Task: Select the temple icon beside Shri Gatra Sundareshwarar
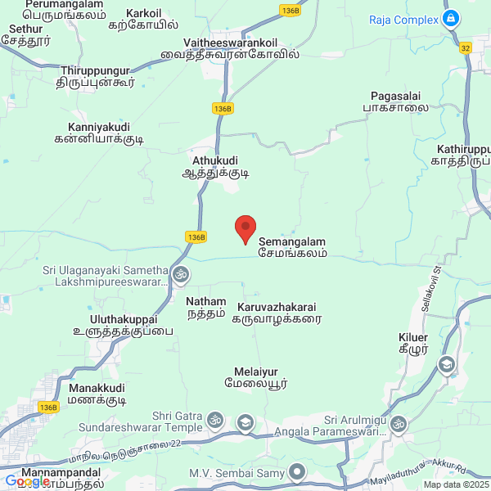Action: click(x=215, y=421)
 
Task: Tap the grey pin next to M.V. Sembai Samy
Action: click(x=297, y=472)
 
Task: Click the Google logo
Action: click(x=27, y=481)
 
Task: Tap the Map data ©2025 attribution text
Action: click(x=456, y=484)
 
